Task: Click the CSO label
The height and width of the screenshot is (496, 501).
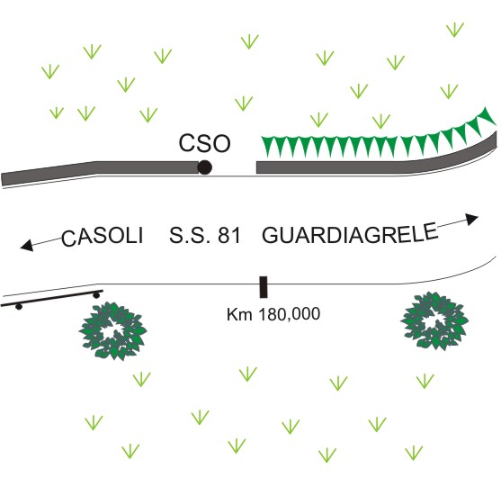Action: coord(204,143)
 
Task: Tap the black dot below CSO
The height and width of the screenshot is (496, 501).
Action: coord(204,167)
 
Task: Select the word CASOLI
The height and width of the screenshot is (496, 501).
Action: coord(103,237)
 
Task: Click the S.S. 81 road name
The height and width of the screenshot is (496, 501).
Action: coord(204,236)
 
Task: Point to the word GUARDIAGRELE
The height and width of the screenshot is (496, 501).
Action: coord(350,233)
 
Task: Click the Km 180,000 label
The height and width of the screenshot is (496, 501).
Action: coord(273,314)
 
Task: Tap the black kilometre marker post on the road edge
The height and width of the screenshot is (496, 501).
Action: coord(264,287)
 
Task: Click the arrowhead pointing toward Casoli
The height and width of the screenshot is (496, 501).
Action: coord(26,245)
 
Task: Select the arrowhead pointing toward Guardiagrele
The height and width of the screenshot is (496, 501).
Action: coord(471,219)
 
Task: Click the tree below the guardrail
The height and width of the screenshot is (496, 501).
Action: coord(113,331)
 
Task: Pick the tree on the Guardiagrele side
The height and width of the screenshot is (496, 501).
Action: coord(434,320)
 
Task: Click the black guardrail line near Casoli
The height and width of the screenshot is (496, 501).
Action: coord(52,298)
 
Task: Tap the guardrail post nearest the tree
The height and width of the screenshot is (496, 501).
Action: coord(96,295)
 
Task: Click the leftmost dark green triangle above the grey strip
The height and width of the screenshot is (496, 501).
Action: coord(268,146)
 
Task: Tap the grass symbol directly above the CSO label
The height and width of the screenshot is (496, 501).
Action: coord(244,104)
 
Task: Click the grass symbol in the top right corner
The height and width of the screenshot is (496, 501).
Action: coord(455,30)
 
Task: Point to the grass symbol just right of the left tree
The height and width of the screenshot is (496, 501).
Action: coord(141,379)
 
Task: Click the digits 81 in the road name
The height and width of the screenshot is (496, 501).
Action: coord(229,236)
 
